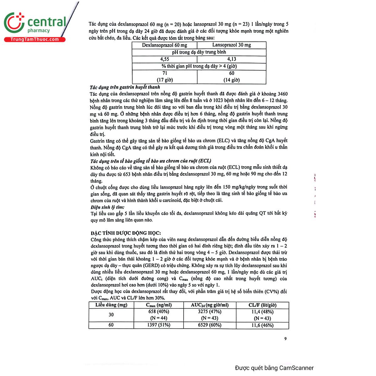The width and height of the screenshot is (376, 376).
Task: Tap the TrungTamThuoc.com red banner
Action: click(34, 39)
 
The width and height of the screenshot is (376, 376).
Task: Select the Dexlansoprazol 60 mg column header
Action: click(164, 45)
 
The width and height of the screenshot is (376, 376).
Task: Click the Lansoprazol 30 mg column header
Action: click(232, 45)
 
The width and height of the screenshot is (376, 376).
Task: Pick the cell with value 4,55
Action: click(164, 59)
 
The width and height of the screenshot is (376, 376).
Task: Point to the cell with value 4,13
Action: click(232, 59)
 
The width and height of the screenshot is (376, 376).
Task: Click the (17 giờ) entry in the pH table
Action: click(165, 80)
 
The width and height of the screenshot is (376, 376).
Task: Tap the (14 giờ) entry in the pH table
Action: click(232, 80)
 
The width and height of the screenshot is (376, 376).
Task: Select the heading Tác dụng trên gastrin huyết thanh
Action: click(125, 87)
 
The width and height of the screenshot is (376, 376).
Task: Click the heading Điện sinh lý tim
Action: click(107, 207)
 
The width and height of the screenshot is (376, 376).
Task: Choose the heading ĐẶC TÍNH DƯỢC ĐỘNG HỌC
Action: click(126, 233)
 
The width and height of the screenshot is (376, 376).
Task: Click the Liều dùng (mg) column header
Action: click(111, 305)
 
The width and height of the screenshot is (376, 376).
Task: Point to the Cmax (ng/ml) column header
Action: click(159, 305)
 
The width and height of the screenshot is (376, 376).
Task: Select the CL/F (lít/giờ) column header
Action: click(262, 305)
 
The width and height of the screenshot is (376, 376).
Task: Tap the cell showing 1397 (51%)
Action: click(159, 325)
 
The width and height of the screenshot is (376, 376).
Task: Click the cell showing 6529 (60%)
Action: click(210, 325)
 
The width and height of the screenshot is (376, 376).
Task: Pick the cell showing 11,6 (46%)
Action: click(262, 325)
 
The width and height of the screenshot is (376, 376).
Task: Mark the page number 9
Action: click(285, 339)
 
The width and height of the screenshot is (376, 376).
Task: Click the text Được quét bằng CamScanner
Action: click(274, 368)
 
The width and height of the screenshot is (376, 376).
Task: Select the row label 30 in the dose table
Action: click(111, 315)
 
